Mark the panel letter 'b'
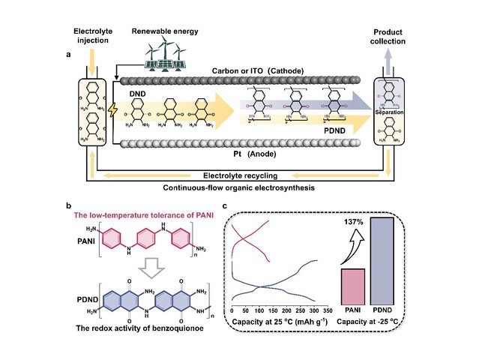(70, 205)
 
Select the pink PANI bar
(352, 286)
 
